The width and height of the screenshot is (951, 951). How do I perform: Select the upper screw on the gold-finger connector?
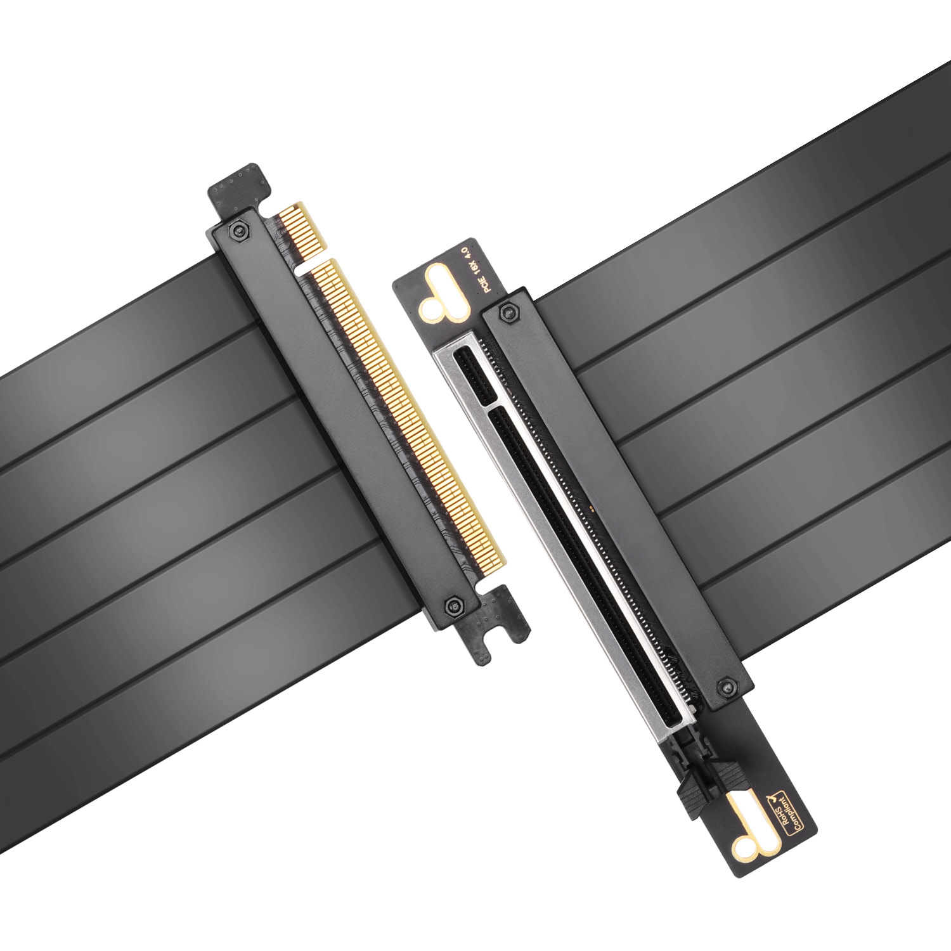(x=238, y=230)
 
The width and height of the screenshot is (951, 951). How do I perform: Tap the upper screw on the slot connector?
(x=505, y=311)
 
